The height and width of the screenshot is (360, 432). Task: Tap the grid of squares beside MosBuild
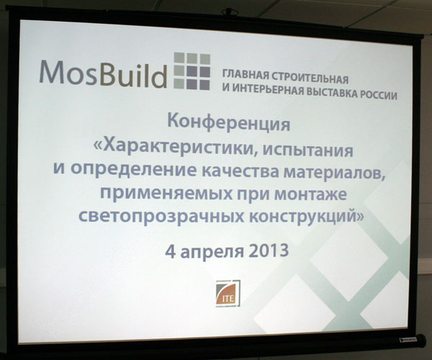coord(192,71)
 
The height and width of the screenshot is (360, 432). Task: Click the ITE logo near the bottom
coord(228,293)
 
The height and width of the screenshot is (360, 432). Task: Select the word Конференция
coord(229,123)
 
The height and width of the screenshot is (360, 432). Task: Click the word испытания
coord(307,151)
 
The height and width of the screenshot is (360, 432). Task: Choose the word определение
coord(134,170)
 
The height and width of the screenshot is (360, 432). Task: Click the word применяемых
coord(166,193)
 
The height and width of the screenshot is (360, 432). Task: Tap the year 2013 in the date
coord(267,251)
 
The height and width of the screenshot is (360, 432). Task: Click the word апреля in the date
coord(211,252)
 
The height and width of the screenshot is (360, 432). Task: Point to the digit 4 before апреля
coord(171,251)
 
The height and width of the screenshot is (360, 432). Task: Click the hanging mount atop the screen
coord(228,12)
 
